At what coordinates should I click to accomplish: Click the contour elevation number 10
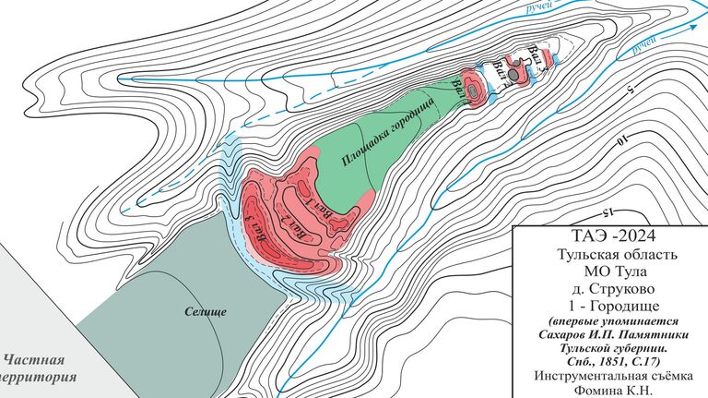(624, 140)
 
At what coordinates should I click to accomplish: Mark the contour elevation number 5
(630, 90)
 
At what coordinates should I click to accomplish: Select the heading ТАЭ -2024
(610, 235)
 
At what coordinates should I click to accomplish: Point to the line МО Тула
(611, 271)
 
